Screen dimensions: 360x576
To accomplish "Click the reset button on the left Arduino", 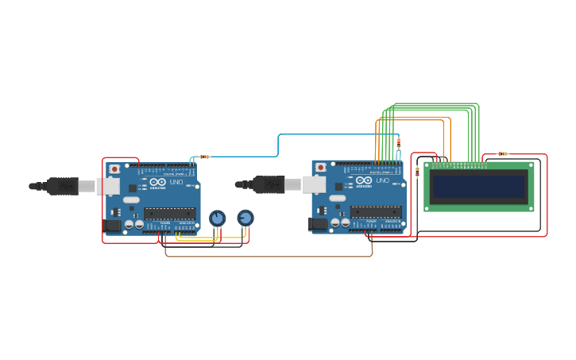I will coord(114,169).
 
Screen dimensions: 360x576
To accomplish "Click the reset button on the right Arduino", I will coord(320,168).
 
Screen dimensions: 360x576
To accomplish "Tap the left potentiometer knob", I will coord(217,218).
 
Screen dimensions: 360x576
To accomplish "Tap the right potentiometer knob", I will coord(245,217).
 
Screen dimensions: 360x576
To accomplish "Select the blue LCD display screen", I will coord(478,187).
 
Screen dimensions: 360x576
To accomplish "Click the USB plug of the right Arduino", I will coord(268,184).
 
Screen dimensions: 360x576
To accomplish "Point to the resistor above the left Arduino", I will coord(204,157).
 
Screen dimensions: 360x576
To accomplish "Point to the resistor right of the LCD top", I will coord(503,153).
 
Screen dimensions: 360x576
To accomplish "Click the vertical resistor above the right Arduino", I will coord(398,143).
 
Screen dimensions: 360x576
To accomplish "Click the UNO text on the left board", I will coord(175,182).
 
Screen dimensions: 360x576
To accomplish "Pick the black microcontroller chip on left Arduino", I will coord(168,213).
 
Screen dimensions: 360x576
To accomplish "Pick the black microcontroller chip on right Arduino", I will coord(375,211).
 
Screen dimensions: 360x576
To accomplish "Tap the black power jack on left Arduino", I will coord(113,226).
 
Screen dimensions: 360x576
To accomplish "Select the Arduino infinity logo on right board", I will coord(364,181).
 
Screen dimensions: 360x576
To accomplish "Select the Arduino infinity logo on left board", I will coord(157,183).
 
